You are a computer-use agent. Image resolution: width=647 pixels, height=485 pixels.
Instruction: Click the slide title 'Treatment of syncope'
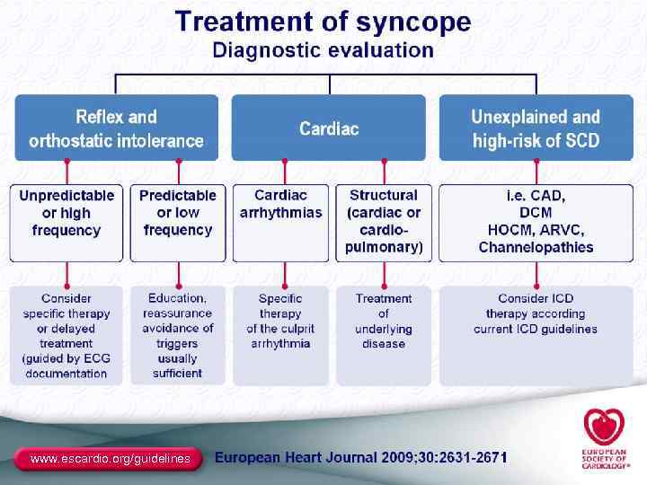coord(323,22)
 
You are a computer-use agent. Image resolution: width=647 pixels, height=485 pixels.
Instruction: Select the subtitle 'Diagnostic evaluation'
coord(323,50)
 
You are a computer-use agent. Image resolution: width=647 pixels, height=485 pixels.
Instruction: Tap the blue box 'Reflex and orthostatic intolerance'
coord(116,128)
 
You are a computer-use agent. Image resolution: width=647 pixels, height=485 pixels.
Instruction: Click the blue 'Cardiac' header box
coord(329,128)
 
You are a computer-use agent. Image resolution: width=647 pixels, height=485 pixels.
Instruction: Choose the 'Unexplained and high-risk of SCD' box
coord(536,128)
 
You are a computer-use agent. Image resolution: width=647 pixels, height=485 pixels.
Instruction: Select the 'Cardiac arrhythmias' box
coord(280,204)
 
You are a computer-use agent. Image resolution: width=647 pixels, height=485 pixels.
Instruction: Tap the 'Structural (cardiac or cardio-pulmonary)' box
coord(384,221)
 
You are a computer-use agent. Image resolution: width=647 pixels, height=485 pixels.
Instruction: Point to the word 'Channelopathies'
coord(536,247)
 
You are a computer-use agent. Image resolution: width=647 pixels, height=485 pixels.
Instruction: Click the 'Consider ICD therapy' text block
coord(536,313)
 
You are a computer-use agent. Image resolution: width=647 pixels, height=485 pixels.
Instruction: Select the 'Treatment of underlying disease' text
coord(384,321)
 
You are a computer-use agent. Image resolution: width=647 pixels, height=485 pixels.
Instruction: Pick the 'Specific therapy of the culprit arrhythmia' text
coord(280,321)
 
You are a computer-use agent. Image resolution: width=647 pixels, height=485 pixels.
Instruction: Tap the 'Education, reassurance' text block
coord(178,335)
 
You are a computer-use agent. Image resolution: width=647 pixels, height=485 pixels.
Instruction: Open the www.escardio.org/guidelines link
coord(110,459)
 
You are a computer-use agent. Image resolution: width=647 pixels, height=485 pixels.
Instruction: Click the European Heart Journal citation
coord(361,458)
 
